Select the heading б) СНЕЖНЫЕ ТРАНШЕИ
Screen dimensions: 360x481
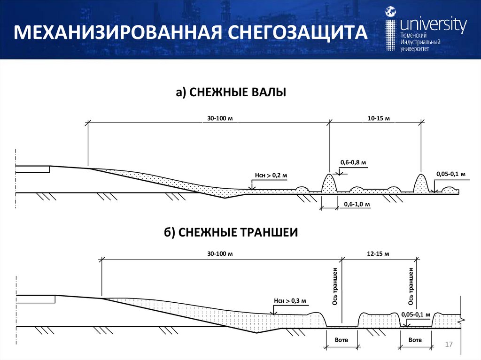(x=231, y=232)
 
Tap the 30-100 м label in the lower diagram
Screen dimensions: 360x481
(x=220, y=253)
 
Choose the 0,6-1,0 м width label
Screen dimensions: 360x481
(x=357, y=205)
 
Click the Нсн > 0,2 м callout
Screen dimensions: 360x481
(x=271, y=176)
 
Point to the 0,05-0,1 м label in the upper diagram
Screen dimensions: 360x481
(x=450, y=174)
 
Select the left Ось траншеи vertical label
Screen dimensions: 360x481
(x=335, y=286)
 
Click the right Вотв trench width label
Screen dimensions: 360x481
(x=415, y=340)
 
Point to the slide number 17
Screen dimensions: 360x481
(x=448, y=345)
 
